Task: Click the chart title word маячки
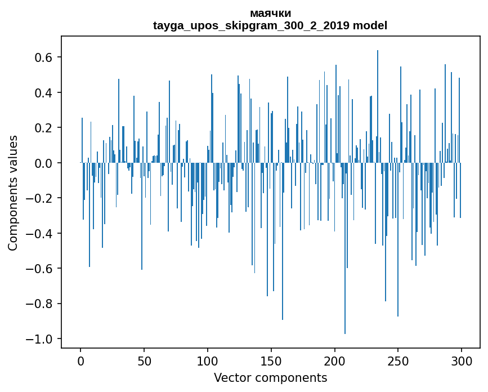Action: tap(270, 14)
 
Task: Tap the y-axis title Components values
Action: tap(13, 193)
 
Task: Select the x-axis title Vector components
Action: tap(270, 377)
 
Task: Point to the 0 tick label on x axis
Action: tap(80, 360)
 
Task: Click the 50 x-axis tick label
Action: tap(144, 360)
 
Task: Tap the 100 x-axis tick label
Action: tap(208, 360)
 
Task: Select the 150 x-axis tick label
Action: tap(271, 360)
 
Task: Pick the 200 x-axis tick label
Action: tap(335, 360)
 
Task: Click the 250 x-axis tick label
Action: tap(399, 360)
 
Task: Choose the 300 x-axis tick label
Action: tap(462, 360)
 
